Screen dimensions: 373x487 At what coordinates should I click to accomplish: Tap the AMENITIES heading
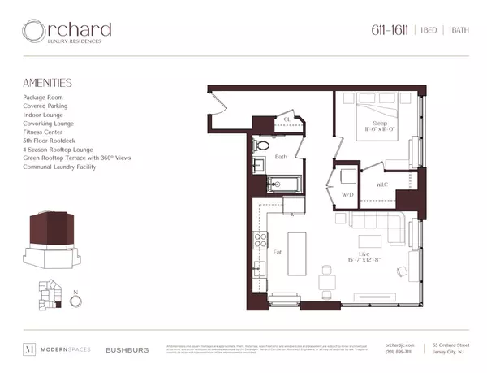(x=48, y=83)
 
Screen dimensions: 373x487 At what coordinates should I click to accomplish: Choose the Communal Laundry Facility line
(x=61, y=167)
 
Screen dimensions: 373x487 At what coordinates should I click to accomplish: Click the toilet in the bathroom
(x=261, y=146)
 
